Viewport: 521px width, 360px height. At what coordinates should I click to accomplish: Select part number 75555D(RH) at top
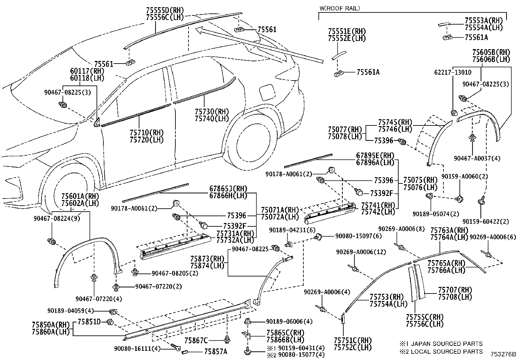tap(165, 10)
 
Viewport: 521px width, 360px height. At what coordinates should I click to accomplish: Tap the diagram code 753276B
tap(503, 355)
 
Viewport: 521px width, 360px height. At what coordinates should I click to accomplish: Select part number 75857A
tap(215, 352)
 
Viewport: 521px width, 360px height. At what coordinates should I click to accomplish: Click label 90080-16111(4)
tap(137, 348)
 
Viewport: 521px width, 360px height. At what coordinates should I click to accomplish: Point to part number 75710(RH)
tap(147, 133)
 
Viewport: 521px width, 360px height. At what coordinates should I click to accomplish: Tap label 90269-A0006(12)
tap(361, 252)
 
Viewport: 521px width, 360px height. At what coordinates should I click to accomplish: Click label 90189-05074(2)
tap(436, 214)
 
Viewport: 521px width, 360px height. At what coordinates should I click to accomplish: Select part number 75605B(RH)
tap(491, 52)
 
